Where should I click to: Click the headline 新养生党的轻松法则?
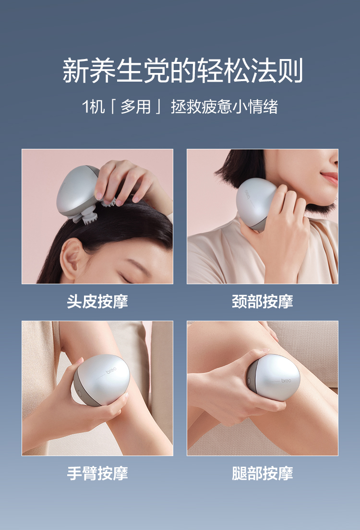click(182, 71)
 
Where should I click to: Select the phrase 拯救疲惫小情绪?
click(224, 107)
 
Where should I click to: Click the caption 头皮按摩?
click(97, 301)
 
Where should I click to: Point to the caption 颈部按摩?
click(262, 301)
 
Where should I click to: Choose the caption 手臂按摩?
click(97, 473)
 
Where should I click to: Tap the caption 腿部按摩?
click(262, 473)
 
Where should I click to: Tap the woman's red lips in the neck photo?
click(330, 177)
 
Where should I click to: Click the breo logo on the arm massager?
click(111, 370)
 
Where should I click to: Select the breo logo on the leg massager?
click(286, 381)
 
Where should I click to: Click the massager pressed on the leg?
click(273, 377)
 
